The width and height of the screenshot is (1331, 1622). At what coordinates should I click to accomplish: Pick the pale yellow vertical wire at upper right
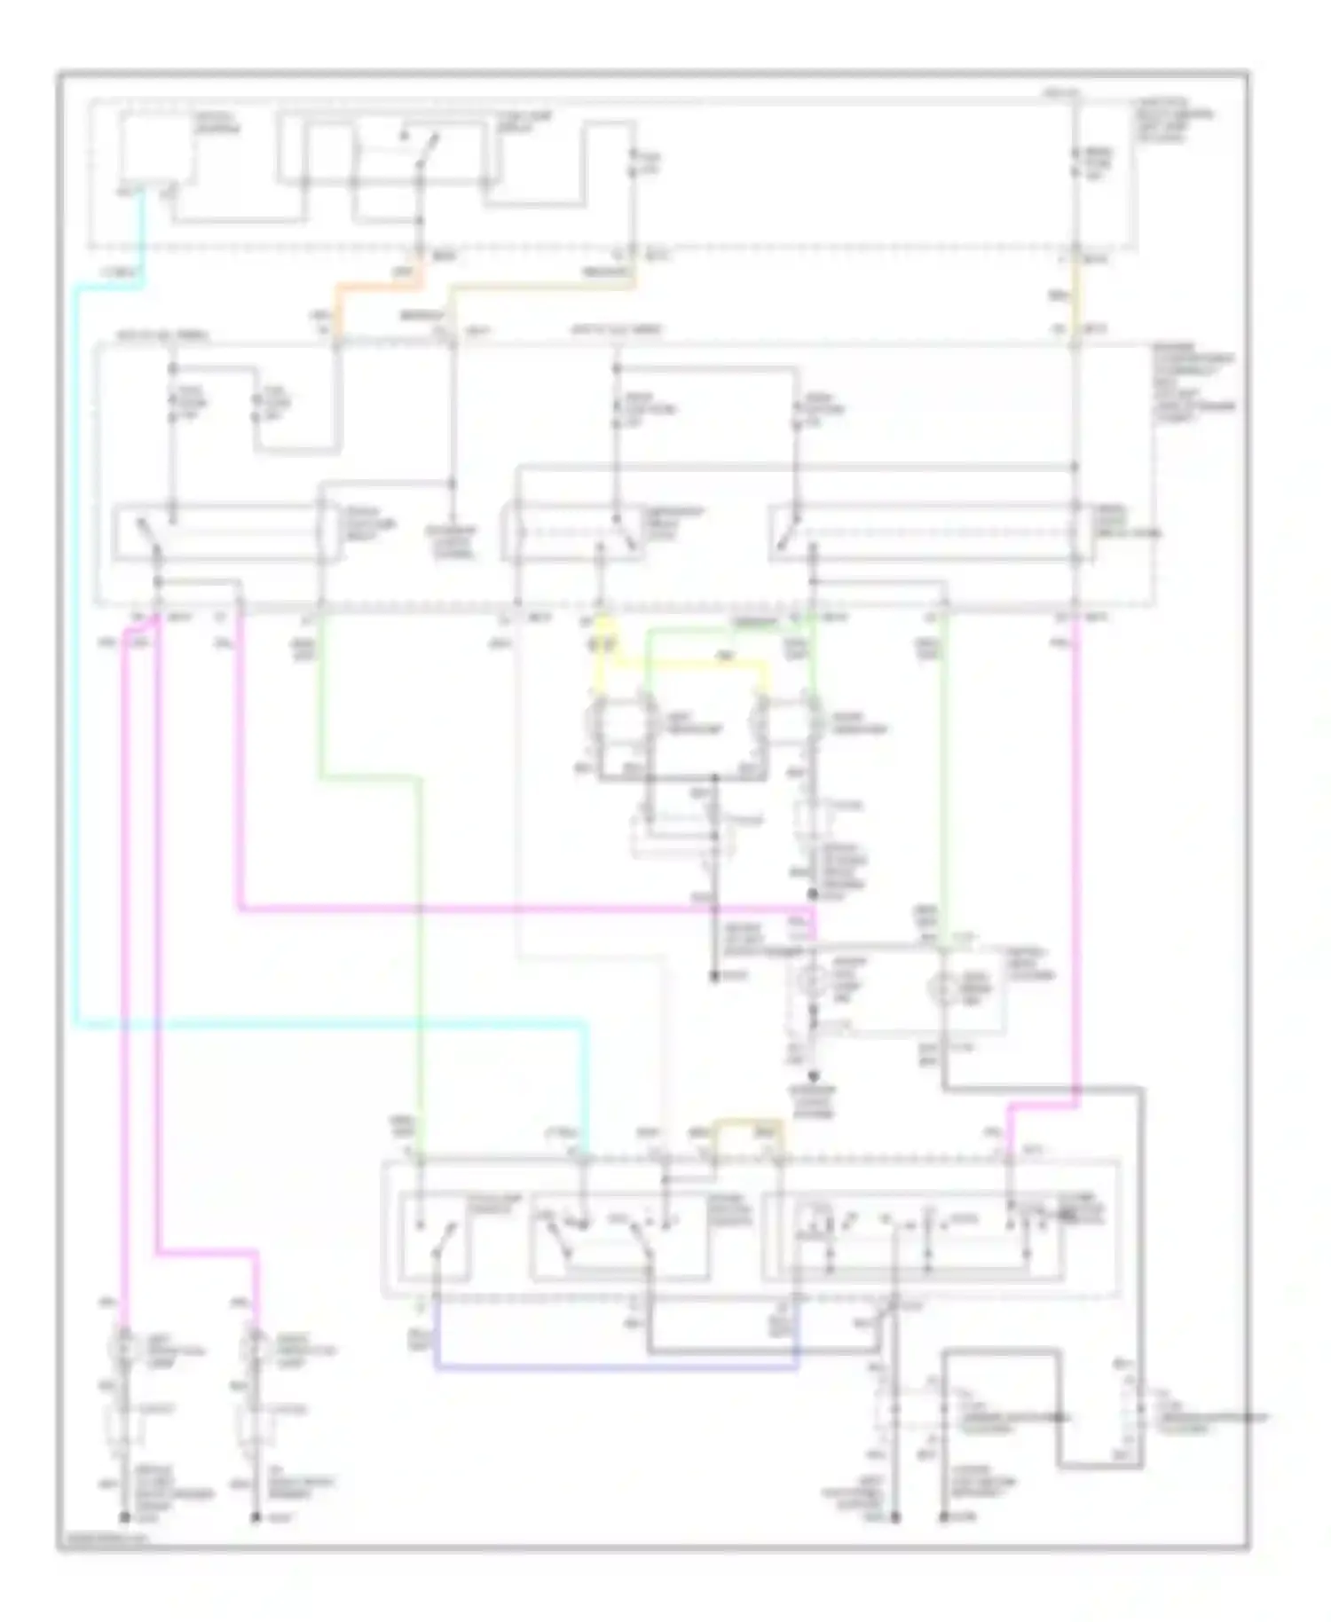[x=1075, y=297]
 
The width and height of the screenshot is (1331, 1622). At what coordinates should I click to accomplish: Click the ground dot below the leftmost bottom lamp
[x=123, y=1519]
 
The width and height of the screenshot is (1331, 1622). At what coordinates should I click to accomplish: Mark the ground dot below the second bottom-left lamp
[x=256, y=1519]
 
